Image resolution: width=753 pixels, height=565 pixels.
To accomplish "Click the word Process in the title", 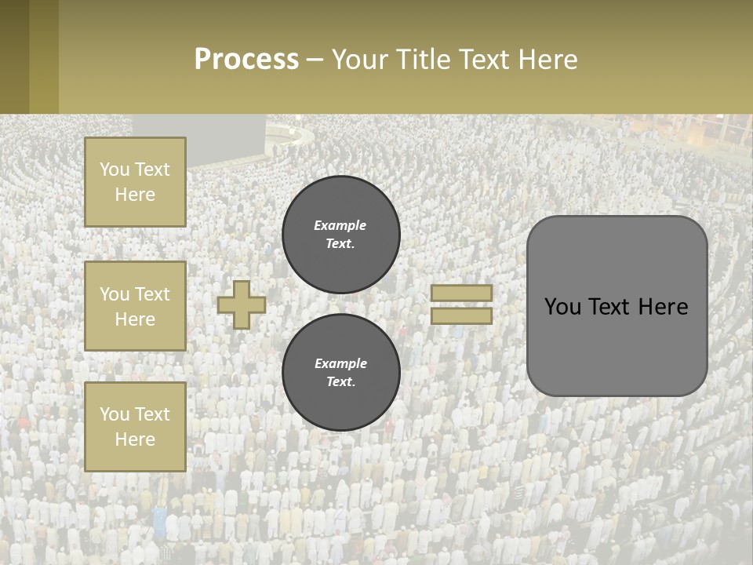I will click(246, 60).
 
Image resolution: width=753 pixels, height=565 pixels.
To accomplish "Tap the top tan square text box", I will click(135, 182).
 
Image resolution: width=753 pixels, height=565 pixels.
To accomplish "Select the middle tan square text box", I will click(135, 306).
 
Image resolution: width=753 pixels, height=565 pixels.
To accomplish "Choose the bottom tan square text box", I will click(135, 427).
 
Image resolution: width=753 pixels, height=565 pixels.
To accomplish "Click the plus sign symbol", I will click(242, 305).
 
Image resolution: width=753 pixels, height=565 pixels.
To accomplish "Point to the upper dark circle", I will click(341, 235).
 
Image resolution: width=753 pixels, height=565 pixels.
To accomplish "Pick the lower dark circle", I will click(341, 373).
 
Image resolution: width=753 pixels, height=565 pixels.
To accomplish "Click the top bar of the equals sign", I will click(461, 293).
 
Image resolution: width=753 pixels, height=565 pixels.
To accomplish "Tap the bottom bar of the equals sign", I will click(461, 316).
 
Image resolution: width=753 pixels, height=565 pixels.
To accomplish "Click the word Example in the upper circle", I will click(340, 225).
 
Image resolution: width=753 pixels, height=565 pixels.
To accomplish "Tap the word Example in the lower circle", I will click(340, 363).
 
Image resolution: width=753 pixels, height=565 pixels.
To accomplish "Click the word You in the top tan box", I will click(115, 169).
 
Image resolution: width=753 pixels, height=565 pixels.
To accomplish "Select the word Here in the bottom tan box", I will click(135, 439).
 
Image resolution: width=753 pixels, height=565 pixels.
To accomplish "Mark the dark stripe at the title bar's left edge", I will click(15, 56).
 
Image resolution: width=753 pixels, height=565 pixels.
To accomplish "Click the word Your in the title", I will click(362, 60).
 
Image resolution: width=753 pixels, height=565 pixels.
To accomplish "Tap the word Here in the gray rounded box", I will click(664, 307).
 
